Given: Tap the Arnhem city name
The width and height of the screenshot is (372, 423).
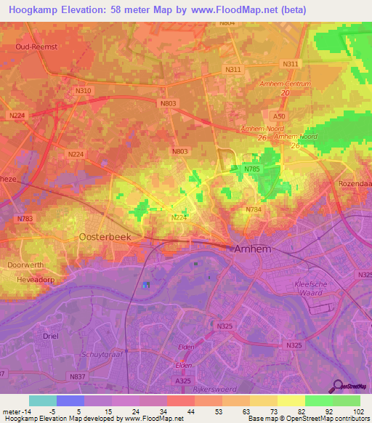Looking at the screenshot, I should click(x=254, y=249).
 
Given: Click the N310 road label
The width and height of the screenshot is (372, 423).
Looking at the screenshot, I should click(x=83, y=90).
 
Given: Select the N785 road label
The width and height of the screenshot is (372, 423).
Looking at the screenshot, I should click(x=251, y=169).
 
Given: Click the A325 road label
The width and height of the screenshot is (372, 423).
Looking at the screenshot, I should click(x=184, y=380).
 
